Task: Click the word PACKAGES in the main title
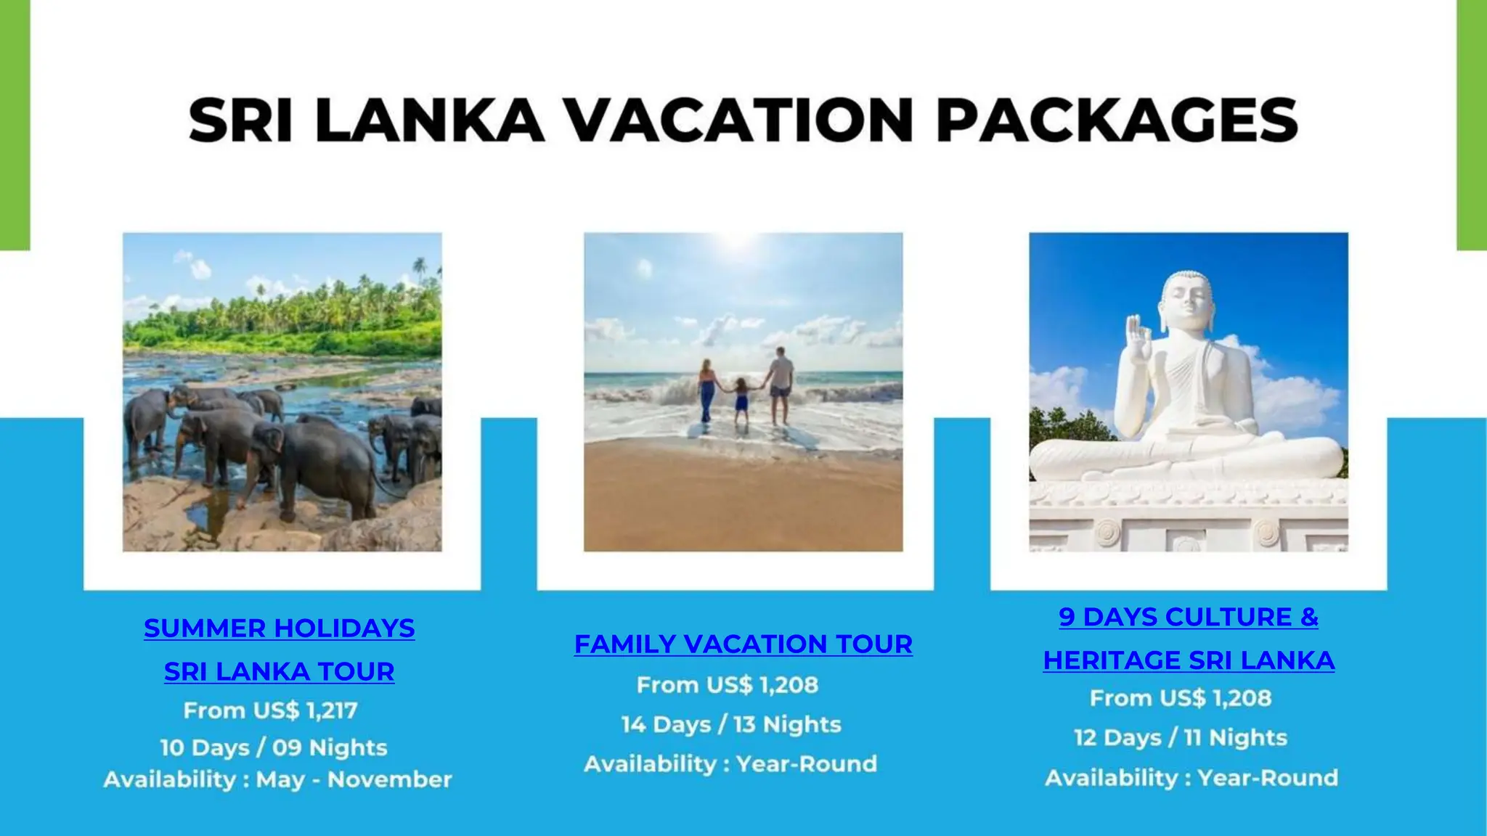[1117, 120]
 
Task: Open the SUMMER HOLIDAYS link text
[280, 628]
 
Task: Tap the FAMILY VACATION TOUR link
[743, 644]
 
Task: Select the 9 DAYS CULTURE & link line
[1189, 617]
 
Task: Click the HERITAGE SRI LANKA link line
[1189, 660]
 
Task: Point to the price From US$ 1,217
[270, 710]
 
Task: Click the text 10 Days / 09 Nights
[274, 747]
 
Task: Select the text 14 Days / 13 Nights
[731, 724]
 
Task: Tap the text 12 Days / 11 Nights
[1181, 737]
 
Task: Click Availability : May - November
[277, 779]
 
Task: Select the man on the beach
[781, 385]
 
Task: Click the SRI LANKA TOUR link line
[280, 672]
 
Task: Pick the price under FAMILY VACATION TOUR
[728, 685]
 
